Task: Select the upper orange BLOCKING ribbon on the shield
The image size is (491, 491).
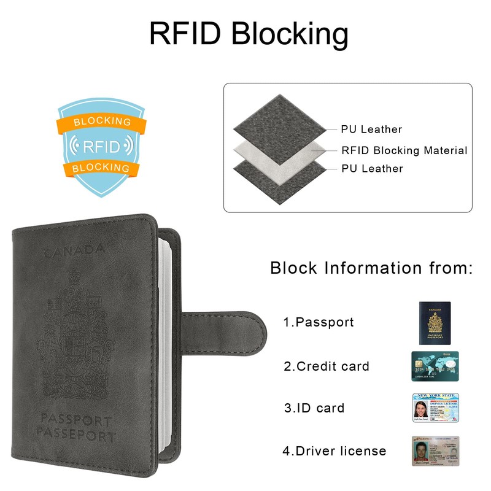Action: [x=102, y=122]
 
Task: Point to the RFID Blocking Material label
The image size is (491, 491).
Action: [x=404, y=150]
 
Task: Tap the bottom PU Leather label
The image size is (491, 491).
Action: [x=372, y=169]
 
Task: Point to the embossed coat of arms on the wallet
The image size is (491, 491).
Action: [x=75, y=331]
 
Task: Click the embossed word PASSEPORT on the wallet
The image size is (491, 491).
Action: [x=75, y=437]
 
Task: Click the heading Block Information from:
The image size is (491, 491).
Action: [x=371, y=268]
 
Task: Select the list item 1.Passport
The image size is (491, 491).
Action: [x=319, y=322]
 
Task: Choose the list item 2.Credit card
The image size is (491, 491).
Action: [x=327, y=367]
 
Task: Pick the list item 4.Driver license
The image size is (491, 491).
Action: [x=334, y=451]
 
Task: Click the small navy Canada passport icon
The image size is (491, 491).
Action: [x=435, y=322]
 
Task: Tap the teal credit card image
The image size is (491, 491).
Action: [x=435, y=366]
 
